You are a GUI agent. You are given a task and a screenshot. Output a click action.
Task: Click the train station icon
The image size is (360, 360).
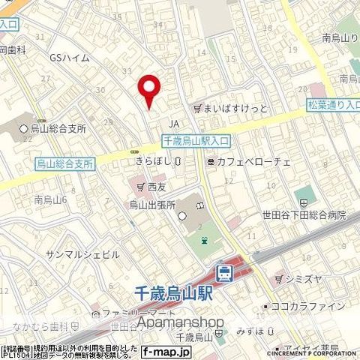point(223,273)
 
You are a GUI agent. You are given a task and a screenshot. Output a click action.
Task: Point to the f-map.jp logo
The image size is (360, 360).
point(167,351)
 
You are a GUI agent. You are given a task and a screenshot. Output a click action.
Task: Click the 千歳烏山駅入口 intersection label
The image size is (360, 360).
point(196,140)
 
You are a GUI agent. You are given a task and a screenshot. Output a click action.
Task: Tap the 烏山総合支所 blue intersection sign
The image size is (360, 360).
point(64,162)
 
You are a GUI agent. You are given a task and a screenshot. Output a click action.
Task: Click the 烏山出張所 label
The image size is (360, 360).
point(152,204)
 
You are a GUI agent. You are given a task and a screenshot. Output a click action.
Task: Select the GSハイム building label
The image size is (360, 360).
point(70,58)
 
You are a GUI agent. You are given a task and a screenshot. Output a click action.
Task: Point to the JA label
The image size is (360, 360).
point(174,124)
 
